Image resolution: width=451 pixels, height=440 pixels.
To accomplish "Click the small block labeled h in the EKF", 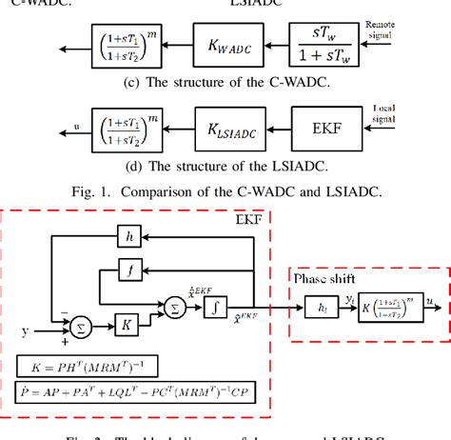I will point(131,234).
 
